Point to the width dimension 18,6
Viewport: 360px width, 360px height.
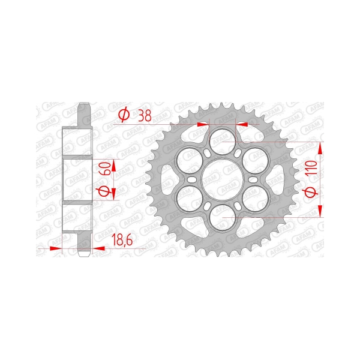122,241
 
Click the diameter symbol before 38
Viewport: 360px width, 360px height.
124,115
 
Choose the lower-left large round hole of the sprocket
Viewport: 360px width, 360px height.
187,198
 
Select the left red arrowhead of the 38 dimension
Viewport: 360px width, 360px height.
204,124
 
